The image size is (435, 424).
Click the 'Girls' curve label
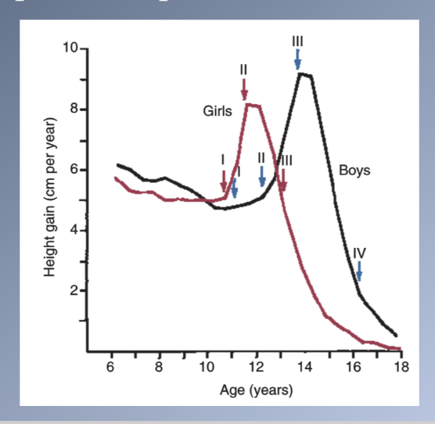click(217, 111)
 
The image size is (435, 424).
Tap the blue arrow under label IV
click(359, 271)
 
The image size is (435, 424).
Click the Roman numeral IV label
click(359, 252)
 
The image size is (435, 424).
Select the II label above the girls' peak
click(244, 70)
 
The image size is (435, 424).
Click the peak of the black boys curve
click(304, 74)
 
